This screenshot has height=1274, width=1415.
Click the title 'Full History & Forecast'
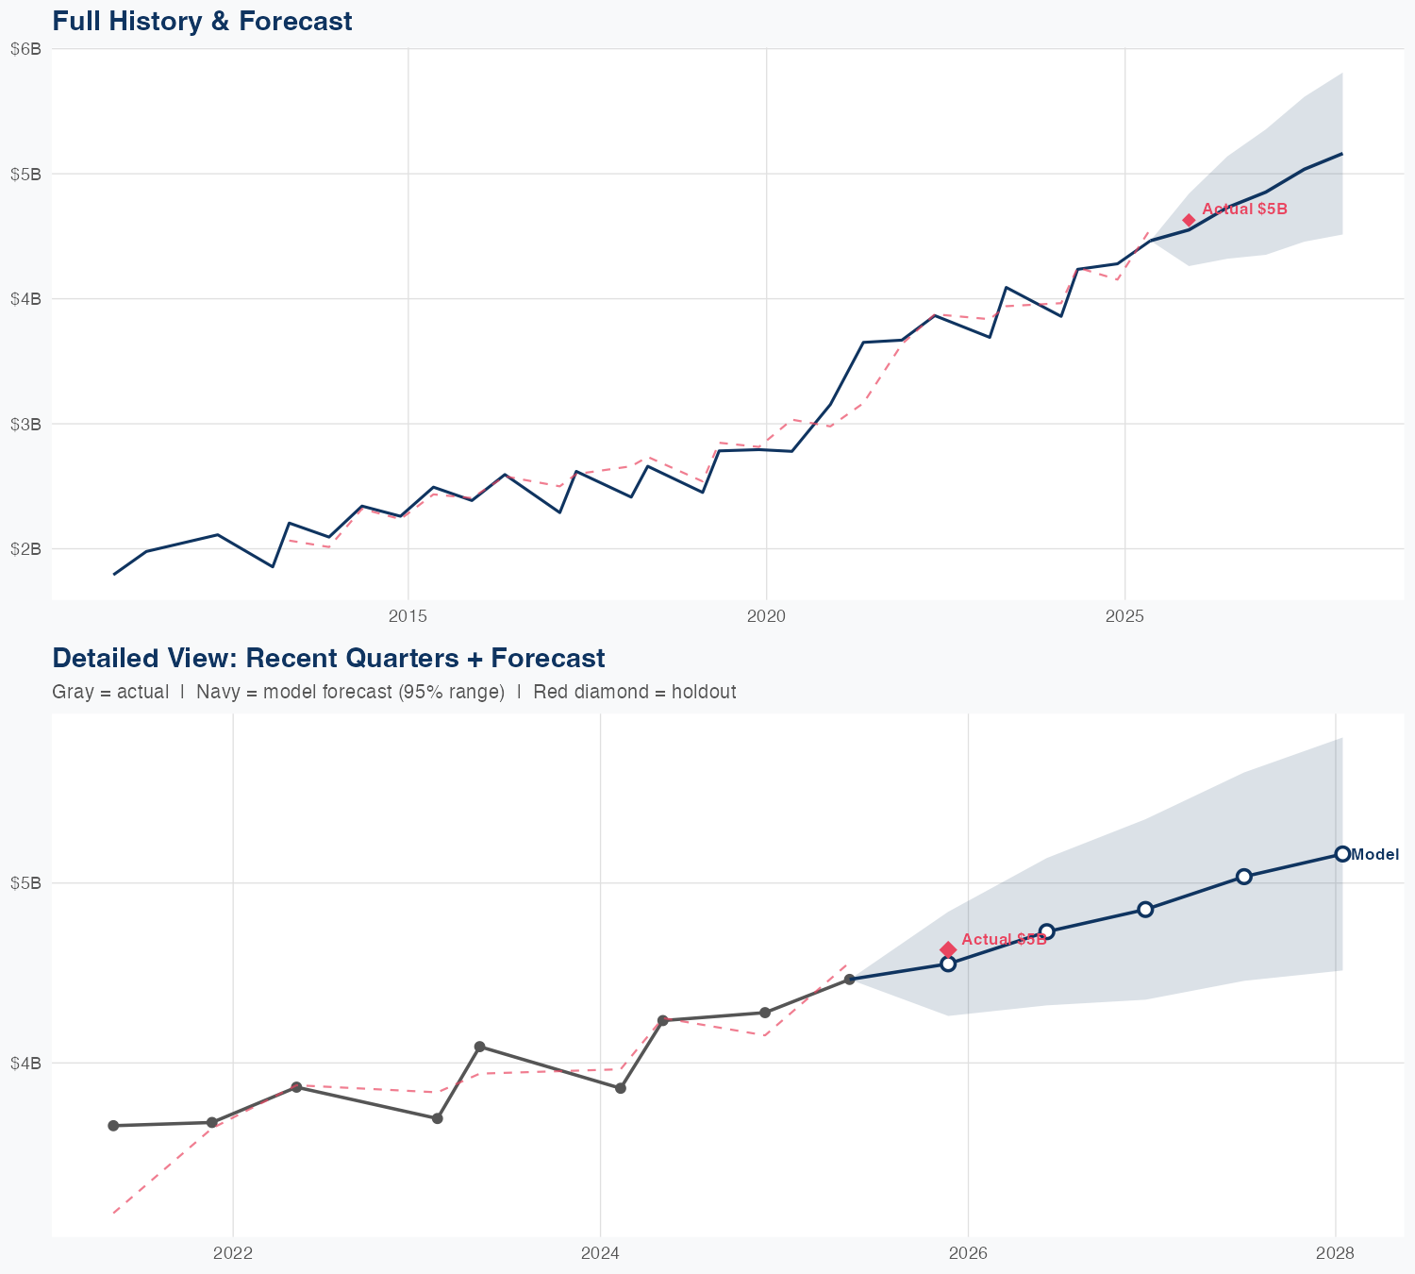(202, 21)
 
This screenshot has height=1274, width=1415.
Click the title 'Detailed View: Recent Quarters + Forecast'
(328, 658)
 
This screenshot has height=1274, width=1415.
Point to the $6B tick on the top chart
(25, 49)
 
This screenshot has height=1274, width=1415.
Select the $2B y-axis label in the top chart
(25, 549)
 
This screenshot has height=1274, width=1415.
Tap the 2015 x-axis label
(408, 617)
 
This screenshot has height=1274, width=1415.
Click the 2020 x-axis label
(766, 617)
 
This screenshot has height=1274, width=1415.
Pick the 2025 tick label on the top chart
(1124, 617)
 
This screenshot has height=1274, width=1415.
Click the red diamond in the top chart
(1189, 220)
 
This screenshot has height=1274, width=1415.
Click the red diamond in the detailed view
(948, 949)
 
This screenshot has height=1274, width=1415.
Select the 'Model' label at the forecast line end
(1374, 855)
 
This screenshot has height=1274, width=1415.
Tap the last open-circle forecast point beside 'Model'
(1342, 854)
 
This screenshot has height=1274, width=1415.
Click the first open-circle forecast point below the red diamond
(948, 964)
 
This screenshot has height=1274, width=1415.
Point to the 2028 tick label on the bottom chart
(1335, 1253)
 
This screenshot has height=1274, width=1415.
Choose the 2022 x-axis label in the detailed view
(233, 1253)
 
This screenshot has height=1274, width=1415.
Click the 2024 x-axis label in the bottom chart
(600, 1253)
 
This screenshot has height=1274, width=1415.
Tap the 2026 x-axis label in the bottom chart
(968, 1253)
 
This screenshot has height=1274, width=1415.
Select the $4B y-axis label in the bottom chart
(25, 1064)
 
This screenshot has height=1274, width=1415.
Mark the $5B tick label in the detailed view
(25, 883)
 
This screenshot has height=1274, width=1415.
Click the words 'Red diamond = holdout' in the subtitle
(634, 692)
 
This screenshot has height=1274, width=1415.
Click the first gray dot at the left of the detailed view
(113, 1126)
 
